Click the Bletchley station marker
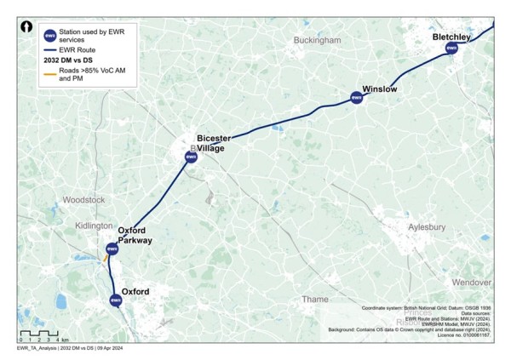point(452,49)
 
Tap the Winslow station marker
point(357,98)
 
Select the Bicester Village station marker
point(191,157)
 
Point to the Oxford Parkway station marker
point(112,249)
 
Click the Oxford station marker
point(116,300)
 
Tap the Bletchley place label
point(451,37)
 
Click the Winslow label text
point(380,89)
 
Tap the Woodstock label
point(83,200)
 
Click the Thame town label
point(314,299)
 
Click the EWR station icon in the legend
point(49,35)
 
